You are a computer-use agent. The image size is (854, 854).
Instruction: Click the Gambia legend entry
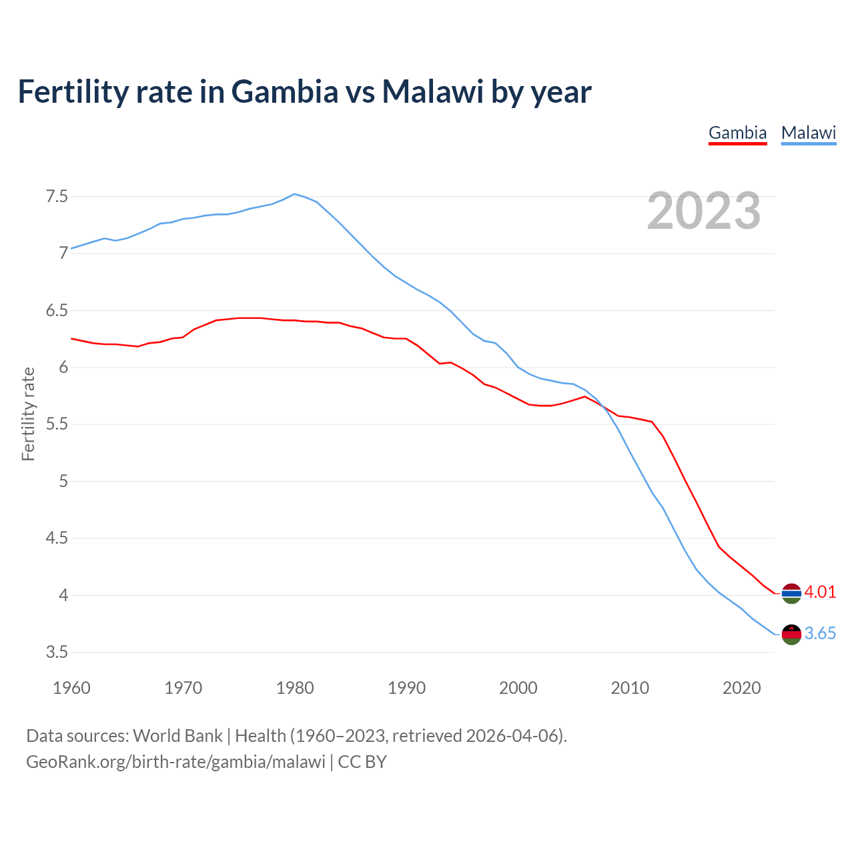[737, 133]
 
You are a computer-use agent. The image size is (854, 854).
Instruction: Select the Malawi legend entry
[808, 133]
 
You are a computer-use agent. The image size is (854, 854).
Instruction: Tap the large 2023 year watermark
[703, 211]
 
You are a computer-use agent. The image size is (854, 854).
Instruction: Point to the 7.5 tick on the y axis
[57, 197]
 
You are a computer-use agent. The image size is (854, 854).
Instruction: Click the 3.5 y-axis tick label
[57, 652]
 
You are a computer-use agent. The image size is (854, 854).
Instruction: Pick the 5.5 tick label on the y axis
[57, 424]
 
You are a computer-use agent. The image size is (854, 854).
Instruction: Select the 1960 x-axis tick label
[71, 688]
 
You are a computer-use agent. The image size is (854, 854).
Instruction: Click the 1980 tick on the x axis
[295, 688]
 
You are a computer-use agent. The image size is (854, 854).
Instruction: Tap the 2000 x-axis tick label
[518, 688]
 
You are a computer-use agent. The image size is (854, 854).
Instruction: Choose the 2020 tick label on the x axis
[741, 688]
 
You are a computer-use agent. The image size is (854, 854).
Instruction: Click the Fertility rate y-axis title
[28, 414]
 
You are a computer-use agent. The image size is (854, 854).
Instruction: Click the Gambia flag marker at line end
[791, 593]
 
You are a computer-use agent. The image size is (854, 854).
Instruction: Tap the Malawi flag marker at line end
[791, 634]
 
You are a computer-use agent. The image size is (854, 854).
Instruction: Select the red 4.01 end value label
[820, 592]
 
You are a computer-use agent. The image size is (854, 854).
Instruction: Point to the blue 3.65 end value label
[820, 634]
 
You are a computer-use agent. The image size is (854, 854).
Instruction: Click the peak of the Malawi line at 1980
[295, 194]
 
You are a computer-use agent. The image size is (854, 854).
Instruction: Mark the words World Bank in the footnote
[177, 736]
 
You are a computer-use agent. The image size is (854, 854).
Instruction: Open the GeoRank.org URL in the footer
[175, 762]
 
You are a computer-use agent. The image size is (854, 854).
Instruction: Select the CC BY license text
[362, 762]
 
